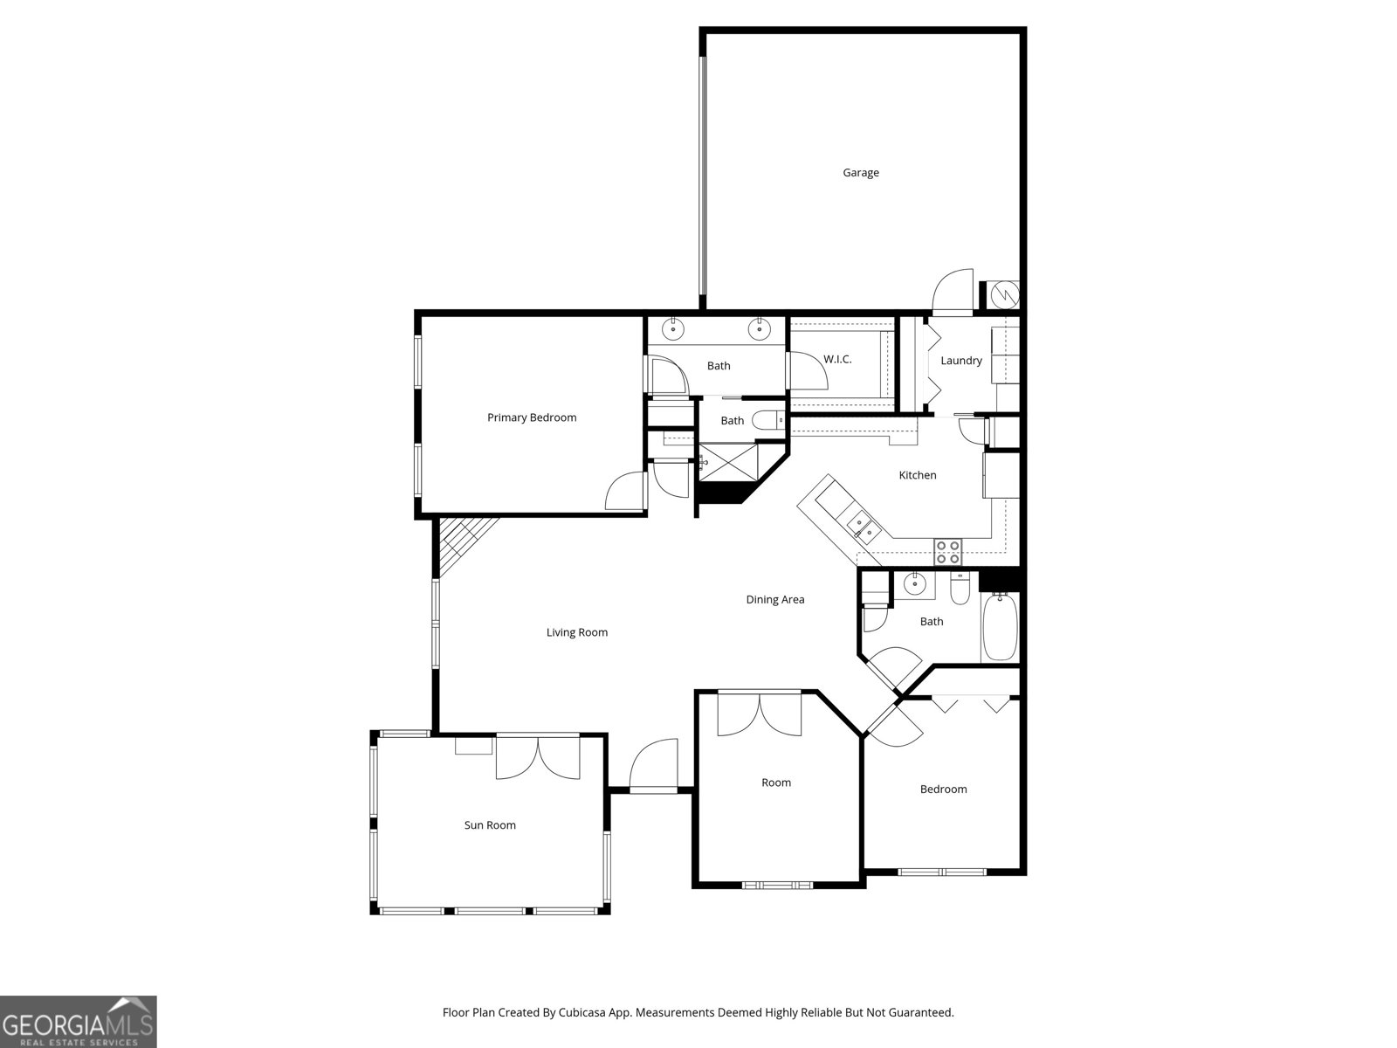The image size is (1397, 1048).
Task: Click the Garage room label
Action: point(860,173)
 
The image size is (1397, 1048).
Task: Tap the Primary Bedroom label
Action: point(532,417)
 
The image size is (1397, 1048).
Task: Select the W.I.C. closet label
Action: point(837,360)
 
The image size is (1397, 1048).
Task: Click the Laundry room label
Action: point(960,361)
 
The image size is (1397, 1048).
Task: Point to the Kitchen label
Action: point(918,475)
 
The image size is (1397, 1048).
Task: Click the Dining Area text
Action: point(774,600)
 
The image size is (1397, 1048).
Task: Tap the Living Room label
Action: point(576,632)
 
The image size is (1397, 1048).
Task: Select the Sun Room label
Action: point(489,825)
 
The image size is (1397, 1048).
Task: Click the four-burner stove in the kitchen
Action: point(948,552)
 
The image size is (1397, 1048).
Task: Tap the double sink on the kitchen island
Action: point(862,525)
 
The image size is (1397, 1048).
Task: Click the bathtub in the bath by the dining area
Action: point(1000,627)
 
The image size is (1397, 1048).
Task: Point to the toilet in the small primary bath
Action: point(768,421)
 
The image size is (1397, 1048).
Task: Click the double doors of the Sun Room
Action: point(537,757)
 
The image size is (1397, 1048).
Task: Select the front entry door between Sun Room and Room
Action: point(653,767)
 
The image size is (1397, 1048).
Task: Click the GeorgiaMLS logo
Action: point(78,1021)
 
